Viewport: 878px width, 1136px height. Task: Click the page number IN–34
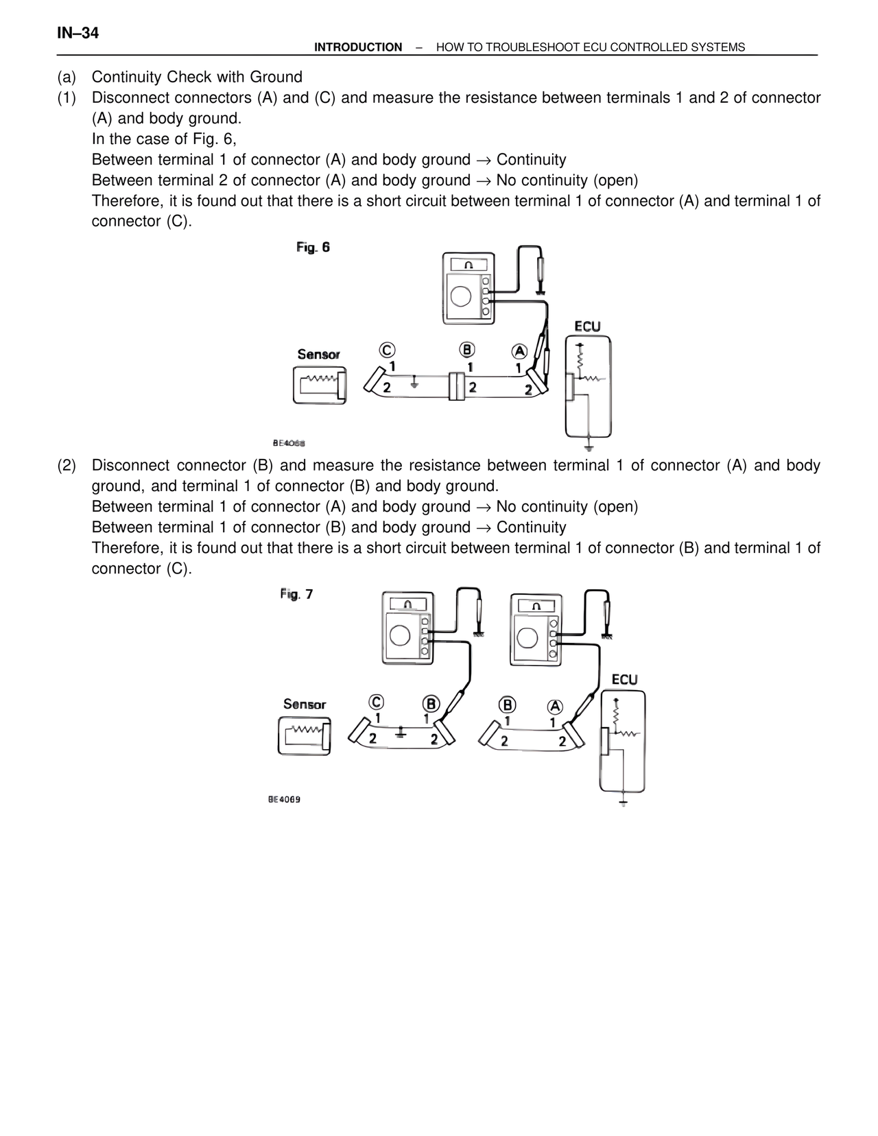(x=78, y=33)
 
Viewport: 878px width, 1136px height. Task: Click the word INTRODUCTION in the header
(x=358, y=47)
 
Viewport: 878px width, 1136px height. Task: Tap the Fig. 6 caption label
(x=313, y=247)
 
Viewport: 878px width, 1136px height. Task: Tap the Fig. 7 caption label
(x=296, y=594)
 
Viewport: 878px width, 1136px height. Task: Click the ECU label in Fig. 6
(x=587, y=327)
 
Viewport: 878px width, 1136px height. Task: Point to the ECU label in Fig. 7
(x=624, y=679)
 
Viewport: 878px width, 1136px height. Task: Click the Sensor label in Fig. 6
(x=318, y=355)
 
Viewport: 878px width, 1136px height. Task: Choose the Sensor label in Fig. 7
(x=305, y=705)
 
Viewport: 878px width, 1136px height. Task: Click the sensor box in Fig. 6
(x=320, y=385)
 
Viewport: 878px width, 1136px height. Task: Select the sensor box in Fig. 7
(x=305, y=736)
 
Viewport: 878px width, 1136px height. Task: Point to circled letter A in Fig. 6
(x=519, y=351)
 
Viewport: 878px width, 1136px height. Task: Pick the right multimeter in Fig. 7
(x=536, y=629)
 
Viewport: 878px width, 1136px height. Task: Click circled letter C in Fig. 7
(x=376, y=702)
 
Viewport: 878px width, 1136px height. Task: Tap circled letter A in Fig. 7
(x=555, y=707)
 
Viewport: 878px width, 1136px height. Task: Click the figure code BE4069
(x=284, y=800)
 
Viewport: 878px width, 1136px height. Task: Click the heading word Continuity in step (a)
(x=128, y=77)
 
